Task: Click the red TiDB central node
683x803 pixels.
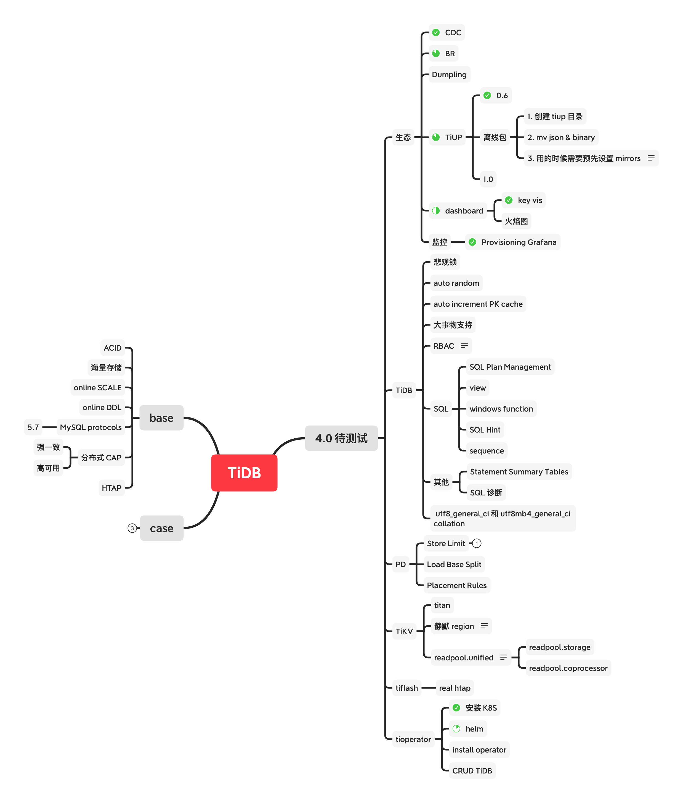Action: point(244,473)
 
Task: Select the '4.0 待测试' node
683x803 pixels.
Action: point(341,438)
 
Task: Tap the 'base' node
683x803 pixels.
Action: point(161,418)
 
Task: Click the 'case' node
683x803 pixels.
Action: point(161,528)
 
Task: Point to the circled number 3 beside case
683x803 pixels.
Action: point(132,528)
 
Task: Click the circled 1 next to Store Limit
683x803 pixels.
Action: point(477,543)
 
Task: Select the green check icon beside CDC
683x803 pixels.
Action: point(436,33)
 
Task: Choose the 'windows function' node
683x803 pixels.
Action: point(501,409)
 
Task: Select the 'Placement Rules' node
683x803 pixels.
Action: point(456,585)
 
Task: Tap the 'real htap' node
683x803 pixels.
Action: point(455,688)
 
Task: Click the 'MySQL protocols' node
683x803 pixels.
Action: point(91,427)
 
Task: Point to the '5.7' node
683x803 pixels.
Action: point(33,427)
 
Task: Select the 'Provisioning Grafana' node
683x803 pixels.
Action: point(519,242)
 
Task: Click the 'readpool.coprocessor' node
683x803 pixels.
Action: point(568,668)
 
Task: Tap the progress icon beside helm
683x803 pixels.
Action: point(456,729)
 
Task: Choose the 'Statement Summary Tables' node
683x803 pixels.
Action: point(519,472)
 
